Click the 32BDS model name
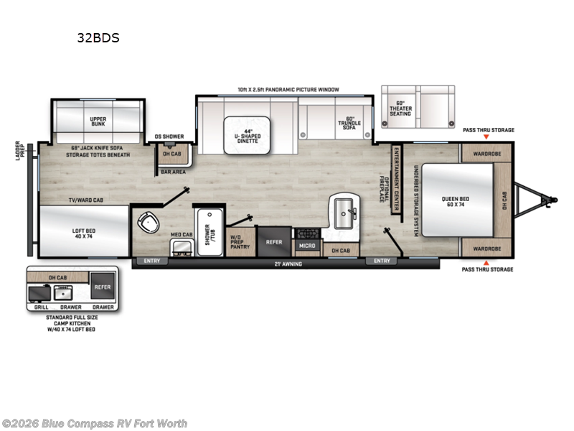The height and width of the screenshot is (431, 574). coord(98,38)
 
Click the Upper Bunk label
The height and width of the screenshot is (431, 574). coord(98,121)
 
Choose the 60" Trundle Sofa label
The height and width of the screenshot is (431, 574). coord(350,122)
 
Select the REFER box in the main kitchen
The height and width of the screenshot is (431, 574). coord(274,242)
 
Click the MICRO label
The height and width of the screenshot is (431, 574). coord(306,246)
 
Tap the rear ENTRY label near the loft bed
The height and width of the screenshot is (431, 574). coord(152,260)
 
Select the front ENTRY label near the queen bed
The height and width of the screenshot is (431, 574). coord(381,260)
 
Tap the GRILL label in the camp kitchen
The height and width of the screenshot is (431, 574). coord(41,307)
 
